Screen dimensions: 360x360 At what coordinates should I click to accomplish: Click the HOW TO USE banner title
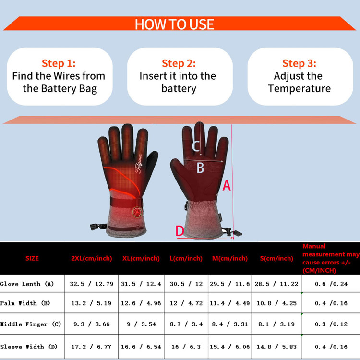pos(174,24)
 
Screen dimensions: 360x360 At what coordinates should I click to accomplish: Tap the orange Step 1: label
pos(59,63)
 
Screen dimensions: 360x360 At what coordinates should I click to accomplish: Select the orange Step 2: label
pos(179,63)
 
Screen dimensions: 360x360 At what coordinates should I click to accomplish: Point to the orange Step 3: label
pos(299,63)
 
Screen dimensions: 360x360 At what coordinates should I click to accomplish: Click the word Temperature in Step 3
pos(300,89)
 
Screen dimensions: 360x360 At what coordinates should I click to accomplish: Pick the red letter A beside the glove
pos(227,185)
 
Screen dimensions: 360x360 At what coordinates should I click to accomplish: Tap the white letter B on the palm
pos(200,168)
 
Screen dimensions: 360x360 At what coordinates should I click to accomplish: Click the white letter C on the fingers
pos(196,146)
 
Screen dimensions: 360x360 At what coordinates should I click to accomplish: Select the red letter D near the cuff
pos(180,231)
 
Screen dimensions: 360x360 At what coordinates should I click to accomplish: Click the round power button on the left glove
pos(137,212)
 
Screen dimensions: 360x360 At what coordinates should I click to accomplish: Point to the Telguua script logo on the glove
pos(138,164)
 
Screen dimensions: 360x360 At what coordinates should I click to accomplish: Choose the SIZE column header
pos(32,258)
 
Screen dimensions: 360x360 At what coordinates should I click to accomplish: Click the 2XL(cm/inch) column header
pos(92,258)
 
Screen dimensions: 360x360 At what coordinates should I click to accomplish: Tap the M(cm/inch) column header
pos(230,258)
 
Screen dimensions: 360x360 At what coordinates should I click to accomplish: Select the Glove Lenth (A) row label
pos(27,284)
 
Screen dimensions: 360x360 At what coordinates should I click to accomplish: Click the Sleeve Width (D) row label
pos(29,347)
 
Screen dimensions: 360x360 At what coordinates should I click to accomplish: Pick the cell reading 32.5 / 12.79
pos(92,284)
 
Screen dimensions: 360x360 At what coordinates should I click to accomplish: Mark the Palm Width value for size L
pos(186,303)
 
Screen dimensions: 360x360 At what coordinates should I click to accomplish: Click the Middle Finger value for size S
pos(276,324)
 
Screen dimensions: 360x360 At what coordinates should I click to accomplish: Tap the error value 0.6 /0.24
pos(331,284)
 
